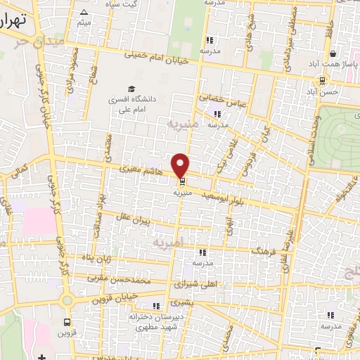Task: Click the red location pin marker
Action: point(181,165)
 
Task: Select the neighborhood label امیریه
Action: point(168,240)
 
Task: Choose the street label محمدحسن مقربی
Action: point(120,276)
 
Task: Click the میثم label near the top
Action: point(84,24)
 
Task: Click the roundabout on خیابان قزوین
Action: point(67,300)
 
